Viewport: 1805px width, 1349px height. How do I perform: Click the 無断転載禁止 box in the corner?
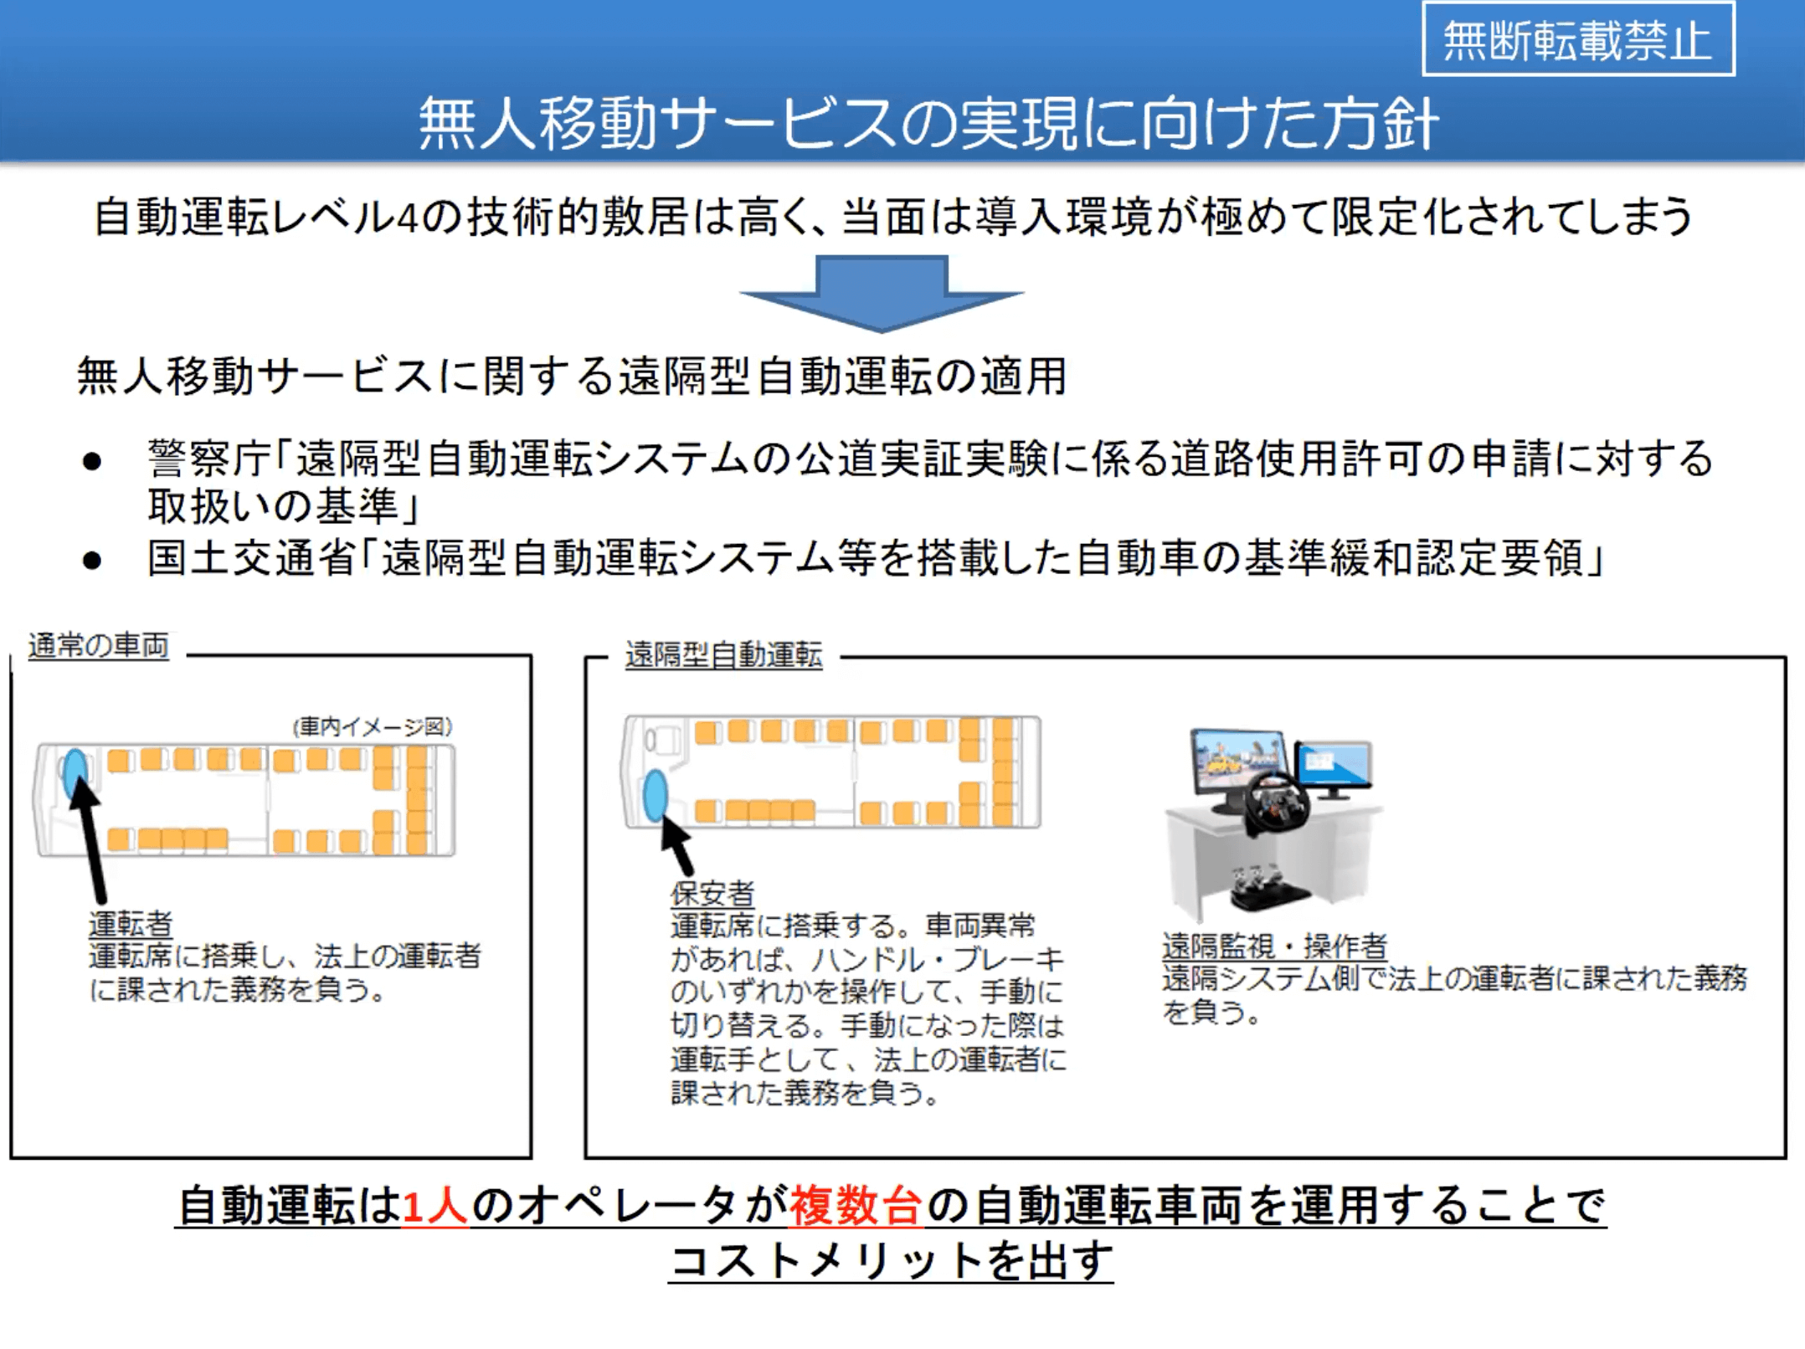point(1578,39)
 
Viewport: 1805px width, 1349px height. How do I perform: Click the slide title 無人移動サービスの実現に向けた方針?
point(928,124)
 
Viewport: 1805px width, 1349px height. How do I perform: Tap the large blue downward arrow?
point(882,293)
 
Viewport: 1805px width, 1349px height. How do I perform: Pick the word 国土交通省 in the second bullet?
point(252,558)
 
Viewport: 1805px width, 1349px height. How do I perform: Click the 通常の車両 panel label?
point(99,645)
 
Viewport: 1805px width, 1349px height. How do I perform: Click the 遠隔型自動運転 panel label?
point(724,654)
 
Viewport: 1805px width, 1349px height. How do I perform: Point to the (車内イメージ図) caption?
point(373,726)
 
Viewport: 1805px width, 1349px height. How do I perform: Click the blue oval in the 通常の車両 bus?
point(75,773)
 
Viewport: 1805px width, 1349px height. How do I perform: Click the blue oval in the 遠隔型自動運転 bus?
point(656,795)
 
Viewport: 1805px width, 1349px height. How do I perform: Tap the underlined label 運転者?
point(131,923)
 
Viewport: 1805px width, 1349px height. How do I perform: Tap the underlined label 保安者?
point(712,893)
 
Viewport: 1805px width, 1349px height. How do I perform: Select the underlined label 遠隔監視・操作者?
point(1274,946)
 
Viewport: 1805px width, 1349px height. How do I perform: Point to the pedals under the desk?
point(1269,889)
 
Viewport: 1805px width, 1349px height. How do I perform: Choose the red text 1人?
point(435,1206)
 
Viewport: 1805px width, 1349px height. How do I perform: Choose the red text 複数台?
point(856,1206)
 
